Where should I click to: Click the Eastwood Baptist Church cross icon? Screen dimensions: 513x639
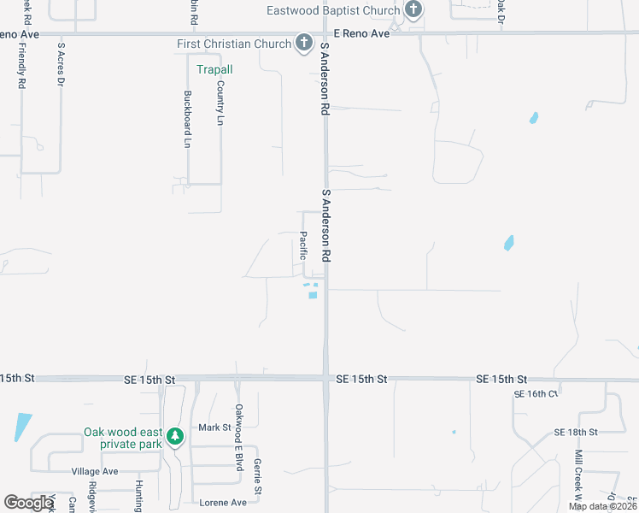(413, 10)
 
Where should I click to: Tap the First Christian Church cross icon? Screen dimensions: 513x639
(303, 43)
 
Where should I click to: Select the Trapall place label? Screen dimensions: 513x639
(214, 69)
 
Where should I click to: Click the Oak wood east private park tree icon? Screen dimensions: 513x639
(175, 437)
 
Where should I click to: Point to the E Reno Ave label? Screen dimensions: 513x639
(361, 33)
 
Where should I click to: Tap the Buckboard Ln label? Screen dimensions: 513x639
(187, 120)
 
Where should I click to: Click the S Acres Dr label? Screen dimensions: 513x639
(61, 64)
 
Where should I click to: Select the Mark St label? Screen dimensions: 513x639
(215, 427)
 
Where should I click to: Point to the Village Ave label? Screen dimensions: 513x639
(95, 471)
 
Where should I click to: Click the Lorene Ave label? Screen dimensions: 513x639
(222, 503)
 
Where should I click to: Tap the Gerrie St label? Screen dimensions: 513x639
(256, 477)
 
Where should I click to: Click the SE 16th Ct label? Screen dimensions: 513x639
(536, 394)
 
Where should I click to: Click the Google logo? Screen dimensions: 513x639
(29, 503)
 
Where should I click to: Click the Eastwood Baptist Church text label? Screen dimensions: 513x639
(333, 11)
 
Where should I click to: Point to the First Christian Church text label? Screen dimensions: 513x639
(233, 44)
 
